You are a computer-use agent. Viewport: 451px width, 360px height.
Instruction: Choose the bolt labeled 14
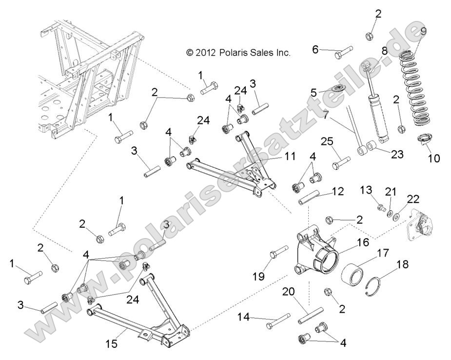pyautogui.click(x=278, y=322)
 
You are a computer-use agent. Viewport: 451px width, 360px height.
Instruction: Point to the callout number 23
pyautogui.click(x=398, y=154)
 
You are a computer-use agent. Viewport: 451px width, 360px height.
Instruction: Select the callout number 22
pyautogui.click(x=413, y=199)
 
